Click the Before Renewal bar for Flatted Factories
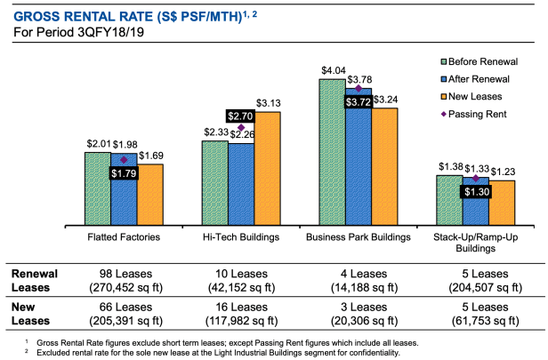(98, 188)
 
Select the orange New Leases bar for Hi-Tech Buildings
(268, 169)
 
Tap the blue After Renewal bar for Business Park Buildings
(359, 164)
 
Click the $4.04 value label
(334, 70)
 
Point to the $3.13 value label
(269, 103)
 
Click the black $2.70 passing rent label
(241, 116)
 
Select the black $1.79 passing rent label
(124, 172)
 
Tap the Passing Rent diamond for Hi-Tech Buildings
(241, 128)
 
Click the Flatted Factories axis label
(125, 237)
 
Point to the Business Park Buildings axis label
(359, 237)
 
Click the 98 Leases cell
(125, 275)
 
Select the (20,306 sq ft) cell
(359, 321)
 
